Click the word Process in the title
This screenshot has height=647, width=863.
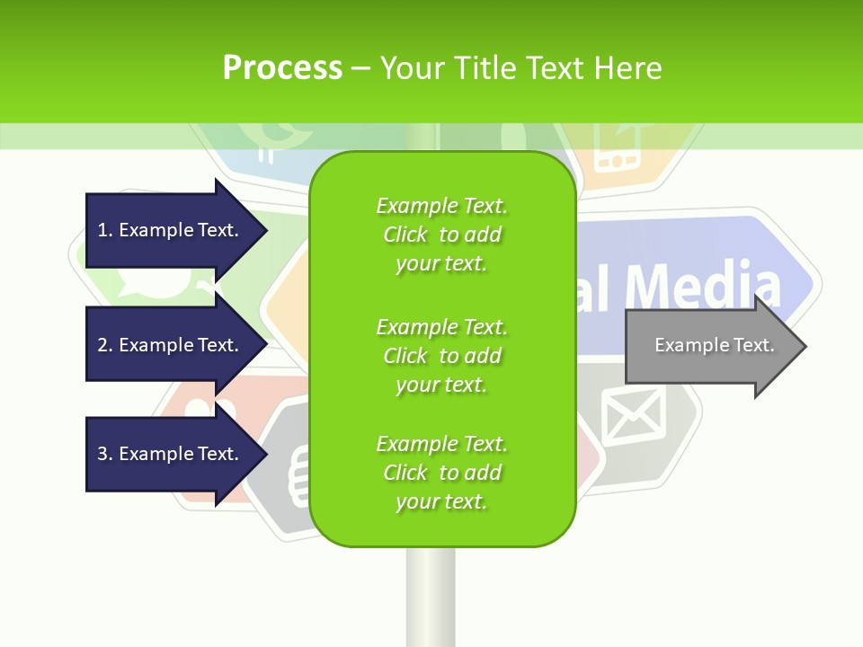pos(282,67)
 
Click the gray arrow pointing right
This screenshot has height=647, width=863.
pos(710,346)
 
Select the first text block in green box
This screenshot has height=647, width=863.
pos(441,235)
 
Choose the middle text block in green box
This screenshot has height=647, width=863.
pos(441,356)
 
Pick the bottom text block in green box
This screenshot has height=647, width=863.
pos(441,473)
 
